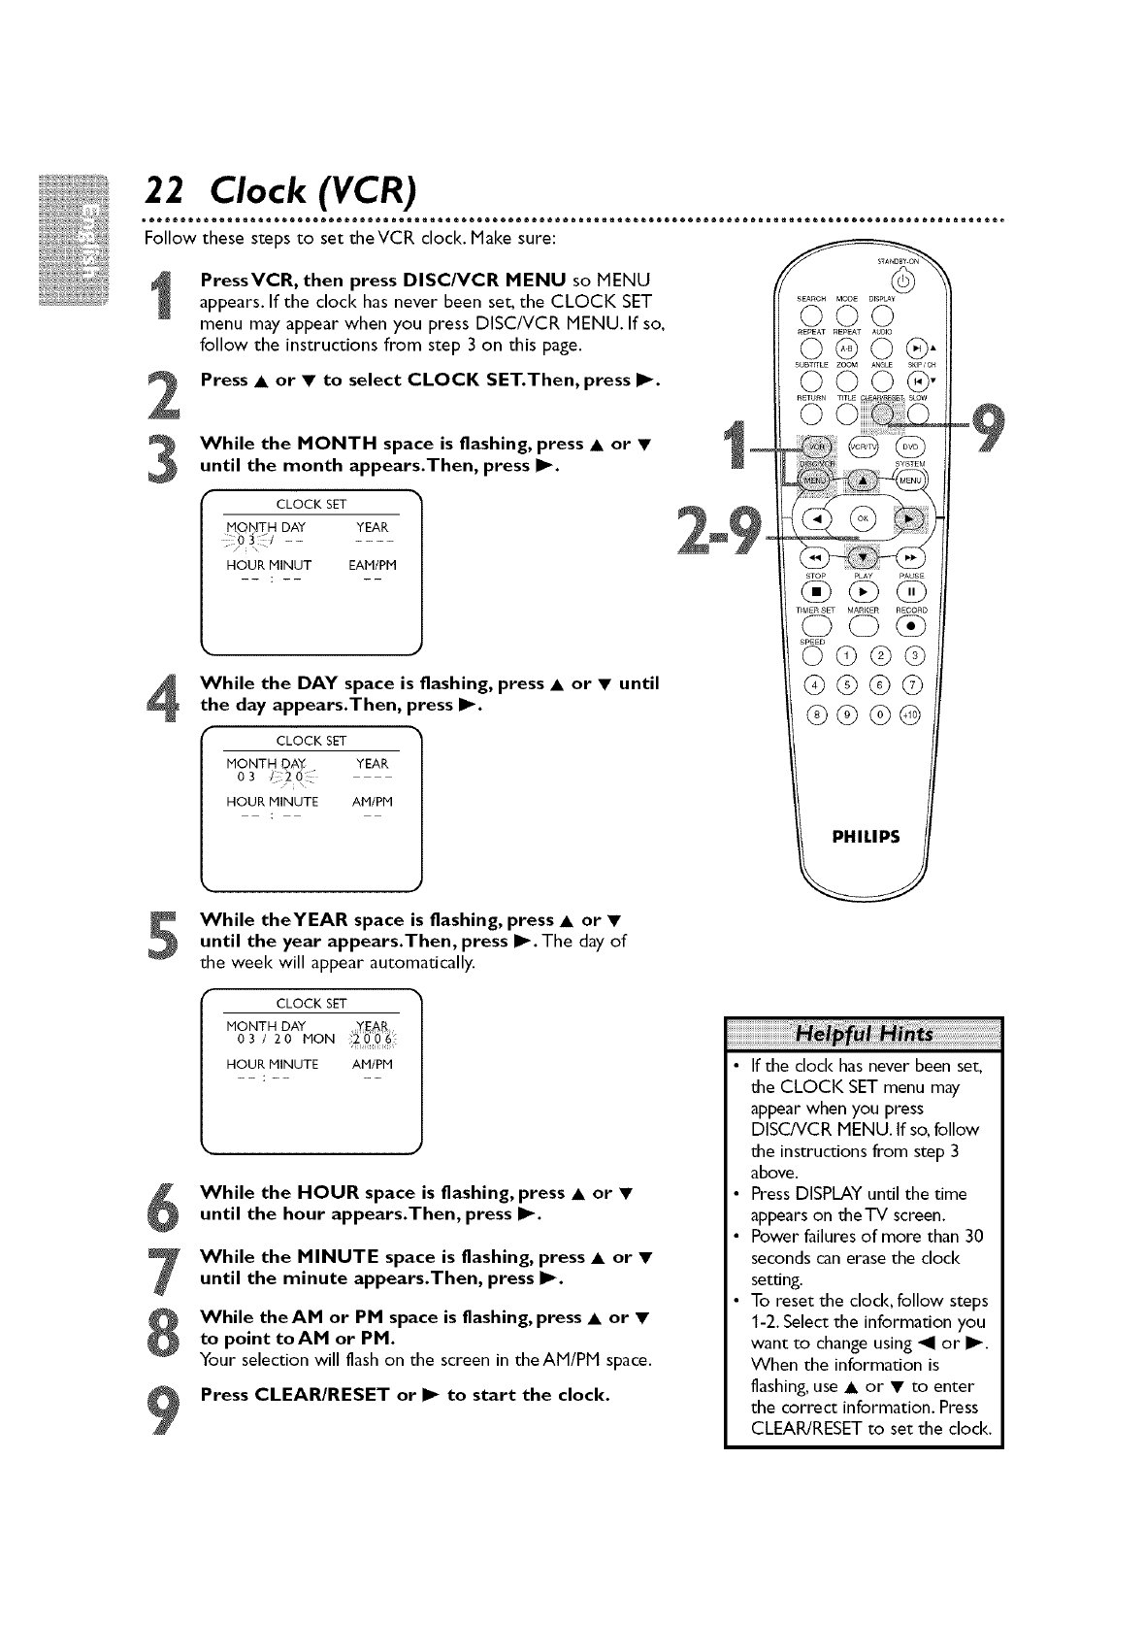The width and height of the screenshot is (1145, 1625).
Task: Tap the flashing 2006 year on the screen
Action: pos(372,1039)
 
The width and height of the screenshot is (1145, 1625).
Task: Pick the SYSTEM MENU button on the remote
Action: pos(910,478)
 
